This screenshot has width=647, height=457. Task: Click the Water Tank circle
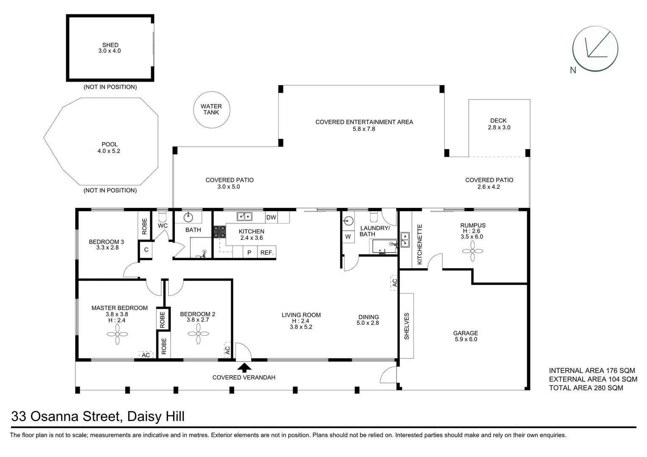pyautogui.click(x=211, y=110)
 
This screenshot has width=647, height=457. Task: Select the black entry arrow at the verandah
pyautogui.click(x=243, y=367)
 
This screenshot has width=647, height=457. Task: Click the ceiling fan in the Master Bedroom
pyautogui.click(x=117, y=334)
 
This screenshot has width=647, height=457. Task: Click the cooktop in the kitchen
pyautogui.click(x=219, y=231)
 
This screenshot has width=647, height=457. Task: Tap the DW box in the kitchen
pyautogui.click(x=271, y=217)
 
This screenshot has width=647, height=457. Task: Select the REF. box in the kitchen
pyautogui.click(x=267, y=252)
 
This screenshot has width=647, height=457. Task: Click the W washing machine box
pyautogui.click(x=348, y=237)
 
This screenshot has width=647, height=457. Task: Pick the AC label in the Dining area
pyautogui.click(x=394, y=282)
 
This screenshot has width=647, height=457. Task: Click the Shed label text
pyautogui.click(x=110, y=45)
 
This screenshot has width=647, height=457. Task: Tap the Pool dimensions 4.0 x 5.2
pyautogui.click(x=109, y=151)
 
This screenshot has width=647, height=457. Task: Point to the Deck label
pyautogui.click(x=498, y=121)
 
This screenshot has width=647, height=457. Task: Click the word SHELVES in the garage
pyautogui.click(x=406, y=326)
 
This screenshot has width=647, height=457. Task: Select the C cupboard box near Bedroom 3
pyautogui.click(x=146, y=250)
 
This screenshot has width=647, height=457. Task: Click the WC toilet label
pyautogui.click(x=163, y=226)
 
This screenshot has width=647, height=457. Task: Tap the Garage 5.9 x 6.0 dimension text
pyautogui.click(x=466, y=339)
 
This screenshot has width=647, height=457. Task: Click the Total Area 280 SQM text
pyautogui.click(x=586, y=388)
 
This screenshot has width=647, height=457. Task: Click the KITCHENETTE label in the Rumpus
pyautogui.click(x=420, y=245)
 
